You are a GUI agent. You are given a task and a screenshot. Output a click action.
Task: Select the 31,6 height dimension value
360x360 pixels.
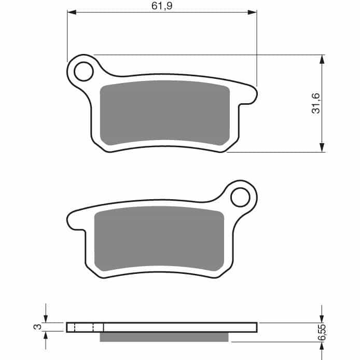point(316,103)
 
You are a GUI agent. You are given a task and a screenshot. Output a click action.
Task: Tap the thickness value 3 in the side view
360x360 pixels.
point(36,327)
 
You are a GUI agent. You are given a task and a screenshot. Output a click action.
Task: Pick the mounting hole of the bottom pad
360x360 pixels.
point(240,197)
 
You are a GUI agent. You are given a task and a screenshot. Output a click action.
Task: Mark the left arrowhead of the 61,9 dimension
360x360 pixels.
point(72,11)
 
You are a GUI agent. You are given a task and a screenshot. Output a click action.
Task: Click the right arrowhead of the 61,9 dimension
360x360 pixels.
point(253,11)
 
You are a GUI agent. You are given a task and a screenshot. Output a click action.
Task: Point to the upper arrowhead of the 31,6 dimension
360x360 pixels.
point(322,59)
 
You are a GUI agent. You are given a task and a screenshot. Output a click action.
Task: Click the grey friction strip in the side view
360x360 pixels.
point(164,337)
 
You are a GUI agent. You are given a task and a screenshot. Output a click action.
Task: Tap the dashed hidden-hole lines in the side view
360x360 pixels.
point(84,327)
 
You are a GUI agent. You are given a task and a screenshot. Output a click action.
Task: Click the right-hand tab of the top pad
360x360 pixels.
point(248,96)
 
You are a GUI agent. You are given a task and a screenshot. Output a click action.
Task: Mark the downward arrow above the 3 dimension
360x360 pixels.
point(46,317)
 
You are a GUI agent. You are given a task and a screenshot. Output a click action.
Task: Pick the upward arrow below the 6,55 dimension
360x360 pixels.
point(322,349)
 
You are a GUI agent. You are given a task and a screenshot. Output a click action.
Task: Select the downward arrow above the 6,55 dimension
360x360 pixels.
point(322,317)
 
